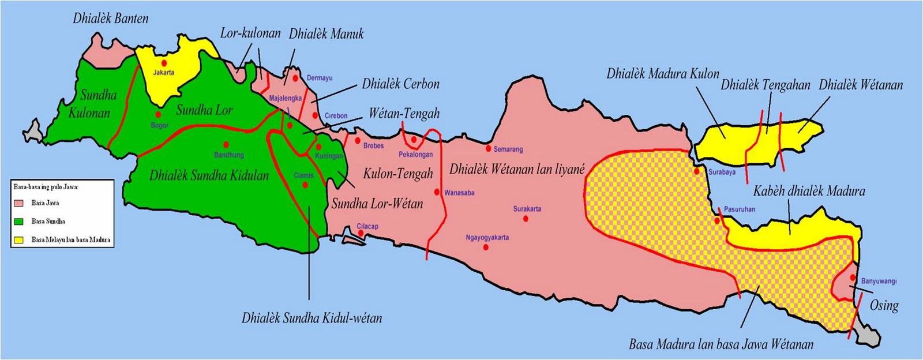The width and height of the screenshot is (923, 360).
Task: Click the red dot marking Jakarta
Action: tap(164, 62)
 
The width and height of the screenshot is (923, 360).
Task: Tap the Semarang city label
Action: tap(508, 149)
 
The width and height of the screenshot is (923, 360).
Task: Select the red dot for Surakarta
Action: tap(526, 219)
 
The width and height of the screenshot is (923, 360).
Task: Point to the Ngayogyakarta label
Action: tap(487, 237)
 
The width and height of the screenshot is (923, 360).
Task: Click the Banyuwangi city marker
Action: tap(853, 278)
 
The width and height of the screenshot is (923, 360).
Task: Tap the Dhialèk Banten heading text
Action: tap(110, 18)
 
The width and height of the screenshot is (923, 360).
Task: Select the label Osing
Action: tap(884, 305)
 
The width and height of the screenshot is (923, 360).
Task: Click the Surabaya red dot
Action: tap(697, 171)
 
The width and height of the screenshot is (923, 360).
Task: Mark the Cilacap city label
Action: tap(367, 226)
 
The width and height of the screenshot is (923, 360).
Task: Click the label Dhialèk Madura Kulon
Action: tap(663, 74)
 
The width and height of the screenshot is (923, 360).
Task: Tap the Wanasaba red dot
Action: tap(437, 192)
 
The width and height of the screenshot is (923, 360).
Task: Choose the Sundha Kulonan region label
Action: tap(93, 104)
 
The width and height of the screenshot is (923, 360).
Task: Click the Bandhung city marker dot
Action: tap(226, 144)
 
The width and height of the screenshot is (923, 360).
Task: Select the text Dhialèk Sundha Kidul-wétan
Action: tap(312, 318)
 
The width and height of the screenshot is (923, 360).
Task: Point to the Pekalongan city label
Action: tap(415, 155)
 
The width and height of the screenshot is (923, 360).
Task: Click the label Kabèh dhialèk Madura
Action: tap(809, 191)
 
